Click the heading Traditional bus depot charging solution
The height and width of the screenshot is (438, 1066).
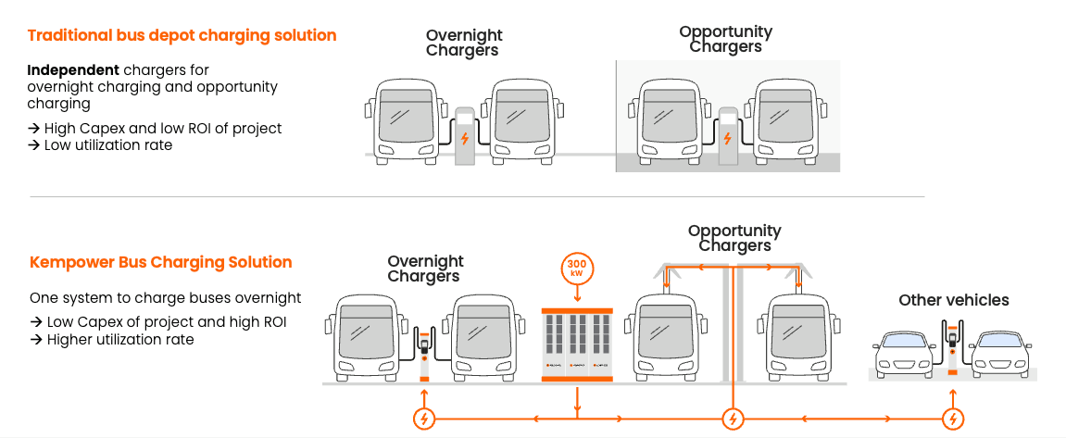pos(182,36)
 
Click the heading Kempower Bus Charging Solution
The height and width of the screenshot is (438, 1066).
pos(161,262)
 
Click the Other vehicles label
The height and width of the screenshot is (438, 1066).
pos(953,300)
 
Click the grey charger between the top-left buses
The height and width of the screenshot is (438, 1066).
pos(464,135)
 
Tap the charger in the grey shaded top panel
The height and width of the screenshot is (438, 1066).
pos(727,135)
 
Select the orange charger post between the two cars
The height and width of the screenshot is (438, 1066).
pos(951,347)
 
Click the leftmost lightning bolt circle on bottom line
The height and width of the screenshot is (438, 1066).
pos(423,419)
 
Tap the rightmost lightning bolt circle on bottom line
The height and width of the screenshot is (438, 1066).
pos(952,419)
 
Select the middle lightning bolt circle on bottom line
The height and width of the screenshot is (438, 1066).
pos(733,419)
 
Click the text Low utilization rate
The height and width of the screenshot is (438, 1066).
pos(107,145)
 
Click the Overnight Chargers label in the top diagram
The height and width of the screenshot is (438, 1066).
pos(463,44)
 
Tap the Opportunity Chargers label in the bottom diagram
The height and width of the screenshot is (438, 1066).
pos(734,238)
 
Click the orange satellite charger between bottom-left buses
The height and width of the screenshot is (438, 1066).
pos(425,353)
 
